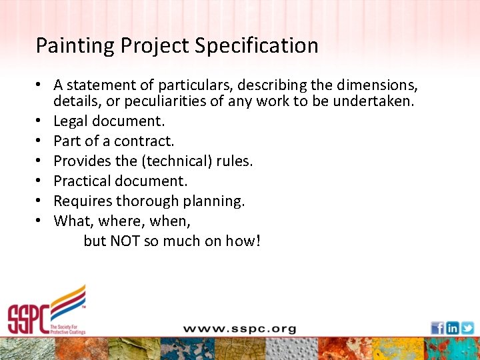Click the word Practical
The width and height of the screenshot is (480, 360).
point(82,181)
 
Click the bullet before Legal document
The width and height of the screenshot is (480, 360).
point(40,122)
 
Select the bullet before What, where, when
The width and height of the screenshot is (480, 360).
point(40,221)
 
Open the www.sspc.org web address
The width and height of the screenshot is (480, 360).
point(239,329)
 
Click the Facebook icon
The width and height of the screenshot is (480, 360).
point(437,328)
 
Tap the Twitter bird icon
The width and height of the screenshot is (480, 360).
point(467,328)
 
